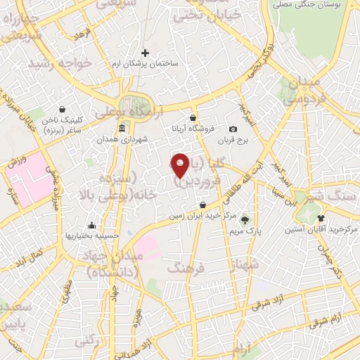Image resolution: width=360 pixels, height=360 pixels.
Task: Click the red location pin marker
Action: [x=180, y=165]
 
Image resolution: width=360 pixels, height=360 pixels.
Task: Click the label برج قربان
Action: [x=233, y=140]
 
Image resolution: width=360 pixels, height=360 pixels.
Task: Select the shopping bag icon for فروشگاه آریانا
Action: [x=193, y=117]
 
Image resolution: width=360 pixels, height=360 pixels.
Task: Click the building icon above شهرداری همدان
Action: [x=122, y=128]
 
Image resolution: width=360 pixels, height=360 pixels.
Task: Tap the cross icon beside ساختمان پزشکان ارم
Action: [x=146, y=53]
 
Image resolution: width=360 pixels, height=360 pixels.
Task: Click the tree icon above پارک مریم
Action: [x=245, y=218]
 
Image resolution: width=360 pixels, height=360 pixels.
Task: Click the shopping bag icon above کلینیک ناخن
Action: [x=63, y=109]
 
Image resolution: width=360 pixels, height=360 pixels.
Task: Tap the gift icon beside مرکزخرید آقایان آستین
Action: [x=321, y=218]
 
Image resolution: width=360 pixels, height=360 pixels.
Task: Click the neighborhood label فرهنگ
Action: [x=185, y=267]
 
